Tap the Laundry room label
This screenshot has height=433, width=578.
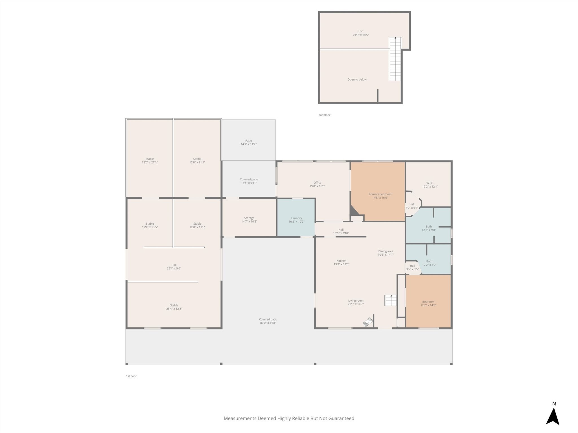(296, 220)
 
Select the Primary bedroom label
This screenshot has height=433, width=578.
(380, 196)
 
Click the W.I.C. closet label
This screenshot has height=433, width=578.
(430, 185)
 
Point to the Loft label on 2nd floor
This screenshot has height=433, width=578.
(361, 33)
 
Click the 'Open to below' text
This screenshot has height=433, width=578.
(357, 79)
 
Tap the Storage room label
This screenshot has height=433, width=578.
(249, 220)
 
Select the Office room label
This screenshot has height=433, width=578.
(318, 184)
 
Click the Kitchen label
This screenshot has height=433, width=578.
(341, 262)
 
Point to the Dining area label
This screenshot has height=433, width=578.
(386, 253)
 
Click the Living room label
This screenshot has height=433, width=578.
(356, 302)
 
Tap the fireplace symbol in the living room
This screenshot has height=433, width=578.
(368, 322)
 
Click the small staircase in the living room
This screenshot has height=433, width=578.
(391, 300)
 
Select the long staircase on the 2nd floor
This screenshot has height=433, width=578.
(395, 59)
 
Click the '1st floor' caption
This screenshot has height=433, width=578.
(131, 376)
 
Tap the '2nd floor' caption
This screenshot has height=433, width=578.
(324, 115)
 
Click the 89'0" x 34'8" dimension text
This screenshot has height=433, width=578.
(268, 323)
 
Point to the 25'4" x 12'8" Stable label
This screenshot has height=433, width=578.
(174, 307)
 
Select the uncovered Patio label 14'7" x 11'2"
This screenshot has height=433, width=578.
(249, 142)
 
